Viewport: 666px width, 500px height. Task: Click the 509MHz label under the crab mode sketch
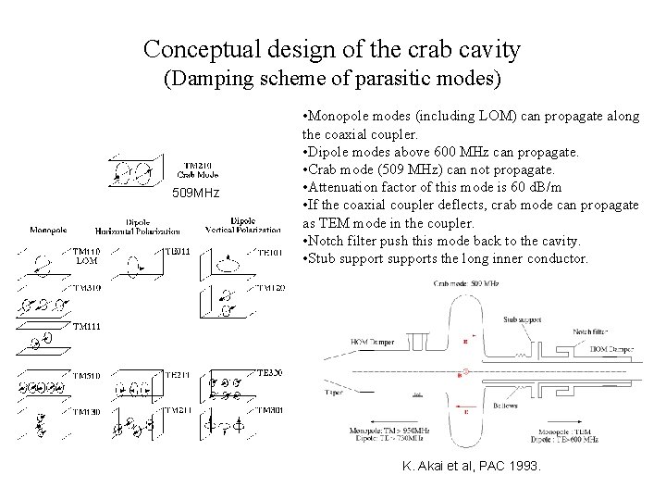coord(196,194)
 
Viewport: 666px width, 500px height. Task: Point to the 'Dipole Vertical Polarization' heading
coord(243,225)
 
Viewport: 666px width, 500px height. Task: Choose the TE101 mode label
coord(270,252)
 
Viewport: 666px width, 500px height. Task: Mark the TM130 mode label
coord(87,411)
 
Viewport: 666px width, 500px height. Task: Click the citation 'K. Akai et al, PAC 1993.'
coord(472,466)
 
